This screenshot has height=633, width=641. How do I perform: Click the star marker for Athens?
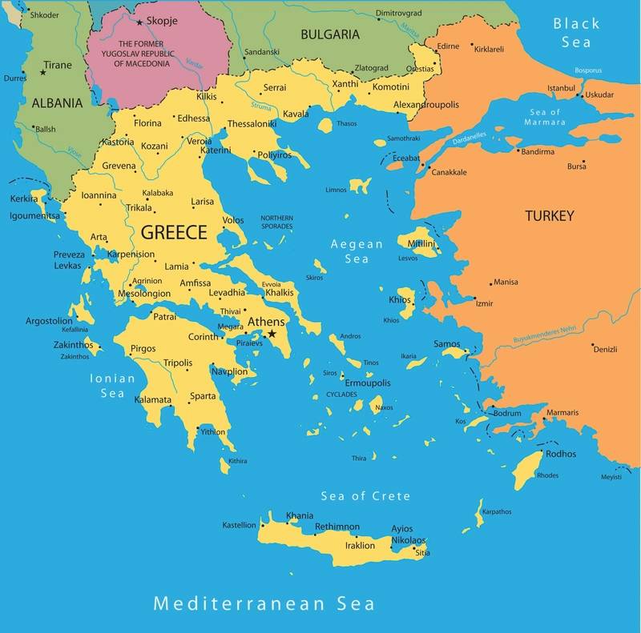(x=272, y=334)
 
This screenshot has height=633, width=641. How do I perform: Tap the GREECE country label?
(x=174, y=233)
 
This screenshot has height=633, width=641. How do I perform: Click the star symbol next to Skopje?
(x=139, y=22)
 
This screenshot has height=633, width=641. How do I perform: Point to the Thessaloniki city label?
(x=252, y=124)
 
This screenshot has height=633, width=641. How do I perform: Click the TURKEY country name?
(x=549, y=216)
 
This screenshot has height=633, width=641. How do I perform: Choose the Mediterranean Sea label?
(x=264, y=603)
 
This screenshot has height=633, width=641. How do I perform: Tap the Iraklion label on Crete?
(x=360, y=546)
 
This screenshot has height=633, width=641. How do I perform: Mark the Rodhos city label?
(x=560, y=454)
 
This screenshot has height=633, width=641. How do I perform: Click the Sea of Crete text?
(x=365, y=496)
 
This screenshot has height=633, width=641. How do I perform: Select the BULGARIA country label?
(x=329, y=34)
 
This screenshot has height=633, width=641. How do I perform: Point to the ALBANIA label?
(x=57, y=102)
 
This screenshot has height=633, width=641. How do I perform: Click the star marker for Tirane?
(x=43, y=72)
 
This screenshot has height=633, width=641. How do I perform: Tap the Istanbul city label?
(x=561, y=87)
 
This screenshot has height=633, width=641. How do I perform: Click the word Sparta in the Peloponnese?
(x=203, y=396)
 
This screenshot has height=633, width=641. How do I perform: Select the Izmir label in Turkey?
(x=485, y=303)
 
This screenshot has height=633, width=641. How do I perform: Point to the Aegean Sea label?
(x=357, y=251)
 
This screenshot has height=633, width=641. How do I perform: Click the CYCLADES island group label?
(x=342, y=395)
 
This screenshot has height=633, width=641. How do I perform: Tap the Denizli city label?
(x=605, y=348)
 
